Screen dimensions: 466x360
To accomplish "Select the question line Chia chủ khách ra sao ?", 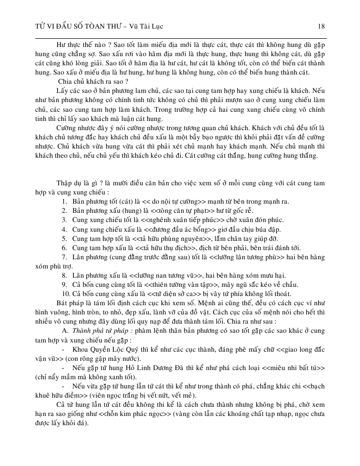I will (x=93, y=81).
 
